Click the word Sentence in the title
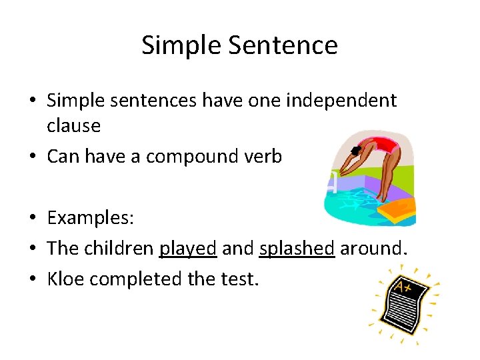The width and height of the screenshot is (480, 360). pyautogui.click(x=284, y=45)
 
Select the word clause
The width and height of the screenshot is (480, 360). pyautogui.click(x=73, y=125)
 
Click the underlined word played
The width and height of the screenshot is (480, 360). pyautogui.click(x=188, y=248)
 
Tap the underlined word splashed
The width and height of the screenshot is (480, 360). pyautogui.click(x=296, y=248)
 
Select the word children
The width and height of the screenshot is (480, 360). pyautogui.click(x=119, y=248)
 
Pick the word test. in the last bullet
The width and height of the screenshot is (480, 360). pyautogui.click(x=237, y=279)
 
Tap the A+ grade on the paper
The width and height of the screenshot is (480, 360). pyautogui.click(x=403, y=287)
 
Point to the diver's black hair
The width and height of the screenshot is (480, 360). pyautogui.click(x=357, y=149)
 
